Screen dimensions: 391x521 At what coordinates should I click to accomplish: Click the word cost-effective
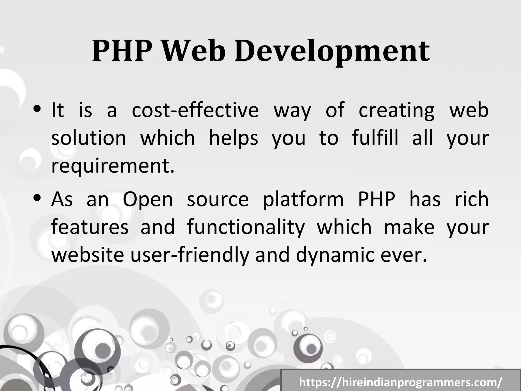[195, 110]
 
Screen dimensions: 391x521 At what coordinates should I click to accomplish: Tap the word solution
[89, 138]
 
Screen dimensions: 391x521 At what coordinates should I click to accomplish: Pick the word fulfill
[375, 138]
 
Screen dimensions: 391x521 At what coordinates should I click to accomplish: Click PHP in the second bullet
[377, 199]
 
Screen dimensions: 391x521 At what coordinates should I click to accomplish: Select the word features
[90, 227]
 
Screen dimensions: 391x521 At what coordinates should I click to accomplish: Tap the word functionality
[246, 227]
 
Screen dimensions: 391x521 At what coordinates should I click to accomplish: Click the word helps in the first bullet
[234, 138]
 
